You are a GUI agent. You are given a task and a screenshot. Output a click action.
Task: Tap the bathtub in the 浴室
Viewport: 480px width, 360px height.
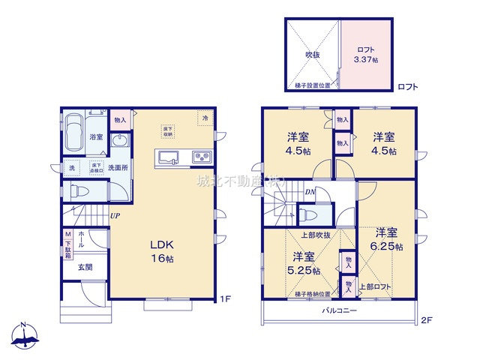[x=74, y=132]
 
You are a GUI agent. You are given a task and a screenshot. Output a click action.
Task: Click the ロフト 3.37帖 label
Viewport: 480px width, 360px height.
[x=366, y=54]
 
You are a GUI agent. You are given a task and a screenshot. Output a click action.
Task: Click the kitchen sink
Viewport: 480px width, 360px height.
[x=167, y=157]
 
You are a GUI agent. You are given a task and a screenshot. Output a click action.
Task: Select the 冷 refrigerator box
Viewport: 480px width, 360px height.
[x=203, y=118]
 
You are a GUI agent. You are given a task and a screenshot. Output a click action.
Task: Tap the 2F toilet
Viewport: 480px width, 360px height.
[x=308, y=215]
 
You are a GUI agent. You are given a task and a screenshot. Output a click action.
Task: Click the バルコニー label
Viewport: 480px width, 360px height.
[x=340, y=310]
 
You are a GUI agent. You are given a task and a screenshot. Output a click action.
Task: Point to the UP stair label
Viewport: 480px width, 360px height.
[x=115, y=216]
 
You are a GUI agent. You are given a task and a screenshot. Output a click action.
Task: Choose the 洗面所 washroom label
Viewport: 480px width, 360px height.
[x=117, y=167]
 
